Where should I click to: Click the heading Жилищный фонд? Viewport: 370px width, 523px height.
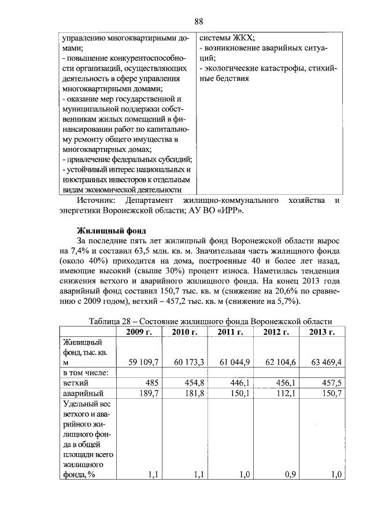pos(108,230)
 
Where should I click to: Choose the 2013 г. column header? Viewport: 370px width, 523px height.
pos(322,332)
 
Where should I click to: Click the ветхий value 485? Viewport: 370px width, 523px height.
pos(151,383)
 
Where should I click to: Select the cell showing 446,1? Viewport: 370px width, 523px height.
pos(239,383)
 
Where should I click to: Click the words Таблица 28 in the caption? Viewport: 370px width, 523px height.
pos(111,321)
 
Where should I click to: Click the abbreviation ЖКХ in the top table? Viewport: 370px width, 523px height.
pos(242,38)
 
